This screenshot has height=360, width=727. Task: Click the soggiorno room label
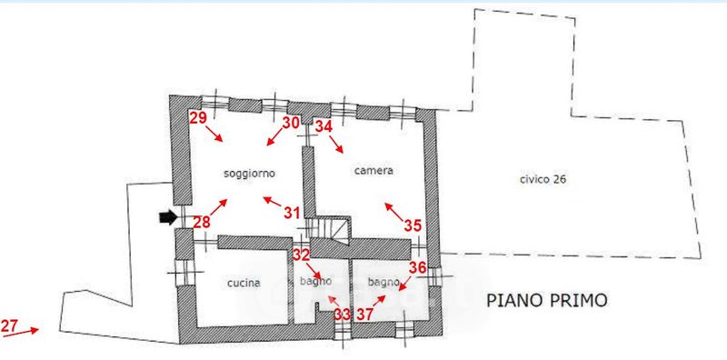pyautogui.click(x=249, y=174)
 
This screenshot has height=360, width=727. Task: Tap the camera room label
pyautogui.click(x=373, y=171)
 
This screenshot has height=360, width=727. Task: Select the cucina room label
pyautogui.click(x=244, y=283)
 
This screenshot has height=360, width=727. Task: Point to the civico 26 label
pyautogui.click(x=543, y=179)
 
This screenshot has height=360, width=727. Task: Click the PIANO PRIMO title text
pyautogui.click(x=547, y=300)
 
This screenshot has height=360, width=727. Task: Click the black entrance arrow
pyautogui.click(x=168, y=217)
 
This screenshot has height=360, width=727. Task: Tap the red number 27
pyautogui.click(x=9, y=326)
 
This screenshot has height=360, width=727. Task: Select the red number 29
pyautogui.click(x=198, y=118)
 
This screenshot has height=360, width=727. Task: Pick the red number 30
pyautogui.click(x=291, y=123)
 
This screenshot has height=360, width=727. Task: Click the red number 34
pyautogui.click(x=324, y=126)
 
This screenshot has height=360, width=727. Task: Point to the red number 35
pyautogui.click(x=413, y=225)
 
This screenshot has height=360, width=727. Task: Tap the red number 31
pyautogui.click(x=292, y=213)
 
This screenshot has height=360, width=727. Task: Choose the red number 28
pyautogui.click(x=202, y=223)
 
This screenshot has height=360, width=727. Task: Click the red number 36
pyautogui.click(x=417, y=267)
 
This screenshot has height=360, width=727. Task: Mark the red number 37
pyautogui.click(x=365, y=315)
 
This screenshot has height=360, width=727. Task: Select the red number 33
pyautogui.click(x=343, y=315)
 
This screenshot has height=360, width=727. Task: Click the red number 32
pyautogui.click(x=301, y=255)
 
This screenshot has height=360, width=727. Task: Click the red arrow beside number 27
pyautogui.click(x=29, y=330)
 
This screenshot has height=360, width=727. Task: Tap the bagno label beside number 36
pyautogui.click(x=383, y=282)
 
